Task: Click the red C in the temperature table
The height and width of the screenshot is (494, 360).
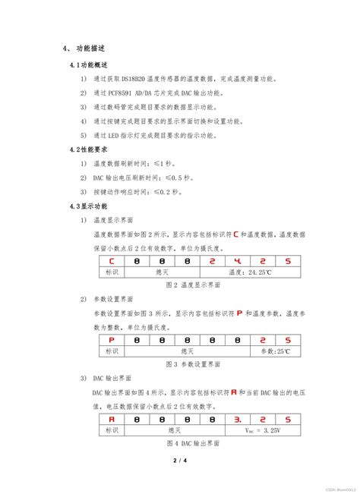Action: [111, 260]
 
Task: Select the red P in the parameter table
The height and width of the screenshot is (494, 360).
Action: [112, 339]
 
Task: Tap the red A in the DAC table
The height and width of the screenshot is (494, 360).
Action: [112, 418]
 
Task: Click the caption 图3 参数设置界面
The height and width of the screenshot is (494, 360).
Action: [193, 364]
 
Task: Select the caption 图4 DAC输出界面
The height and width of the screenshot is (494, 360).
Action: [193, 443]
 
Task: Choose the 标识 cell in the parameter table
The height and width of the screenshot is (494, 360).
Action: [112, 351]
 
